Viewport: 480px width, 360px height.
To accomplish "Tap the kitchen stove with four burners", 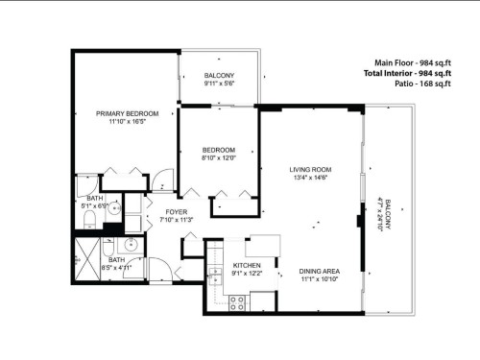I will click(x=237, y=302).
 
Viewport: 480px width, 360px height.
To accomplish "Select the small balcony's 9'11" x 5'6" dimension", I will click(x=219, y=84).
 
